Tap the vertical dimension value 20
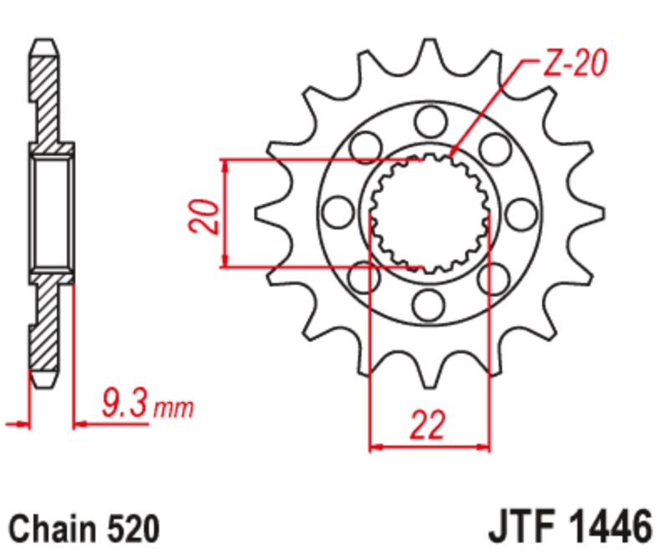(x=204, y=215)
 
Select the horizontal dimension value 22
(x=428, y=425)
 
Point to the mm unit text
(x=173, y=408)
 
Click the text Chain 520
(x=85, y=529)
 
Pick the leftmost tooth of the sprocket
(x=272, y=214)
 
